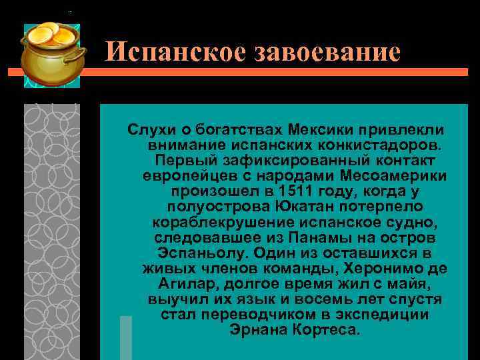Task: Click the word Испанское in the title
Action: [x=175, y=51]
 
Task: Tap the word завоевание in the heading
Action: [x=327, y=51]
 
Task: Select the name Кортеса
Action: [x=326, y=330]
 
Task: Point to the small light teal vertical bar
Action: [x=125, y=337]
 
